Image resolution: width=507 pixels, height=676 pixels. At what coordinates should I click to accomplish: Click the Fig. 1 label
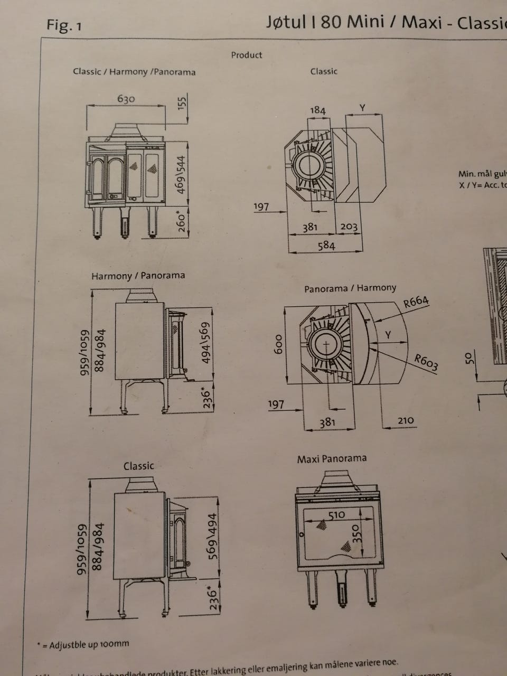tap(64, 25)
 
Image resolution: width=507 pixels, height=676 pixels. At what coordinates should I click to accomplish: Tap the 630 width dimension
tap(126, 99)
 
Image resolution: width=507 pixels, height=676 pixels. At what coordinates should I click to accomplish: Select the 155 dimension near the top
tap(182, 102)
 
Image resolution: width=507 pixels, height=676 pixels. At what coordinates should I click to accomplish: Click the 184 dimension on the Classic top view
tap(317, 110)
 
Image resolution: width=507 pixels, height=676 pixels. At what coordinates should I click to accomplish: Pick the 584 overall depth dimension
tap(325, 245)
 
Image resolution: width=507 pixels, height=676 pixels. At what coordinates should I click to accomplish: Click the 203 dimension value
tap(349, 227)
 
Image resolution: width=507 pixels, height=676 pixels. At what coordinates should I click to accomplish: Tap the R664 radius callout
tap(416, 302)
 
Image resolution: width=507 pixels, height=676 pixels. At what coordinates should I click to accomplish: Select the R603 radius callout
tap(426, 363)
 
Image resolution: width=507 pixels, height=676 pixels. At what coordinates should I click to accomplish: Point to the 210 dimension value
tap(406, 420)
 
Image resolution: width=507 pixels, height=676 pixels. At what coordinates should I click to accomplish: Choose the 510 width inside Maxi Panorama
tap(336, 514)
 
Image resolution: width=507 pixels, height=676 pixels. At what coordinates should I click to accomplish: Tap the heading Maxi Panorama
tap(332, 458)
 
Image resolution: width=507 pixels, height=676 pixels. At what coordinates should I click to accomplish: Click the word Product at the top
tap(246, 54)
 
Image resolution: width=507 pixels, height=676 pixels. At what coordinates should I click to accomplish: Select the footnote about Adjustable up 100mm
tap(83, 644)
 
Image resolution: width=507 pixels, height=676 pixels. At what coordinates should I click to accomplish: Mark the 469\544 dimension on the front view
tap(182, 174)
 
